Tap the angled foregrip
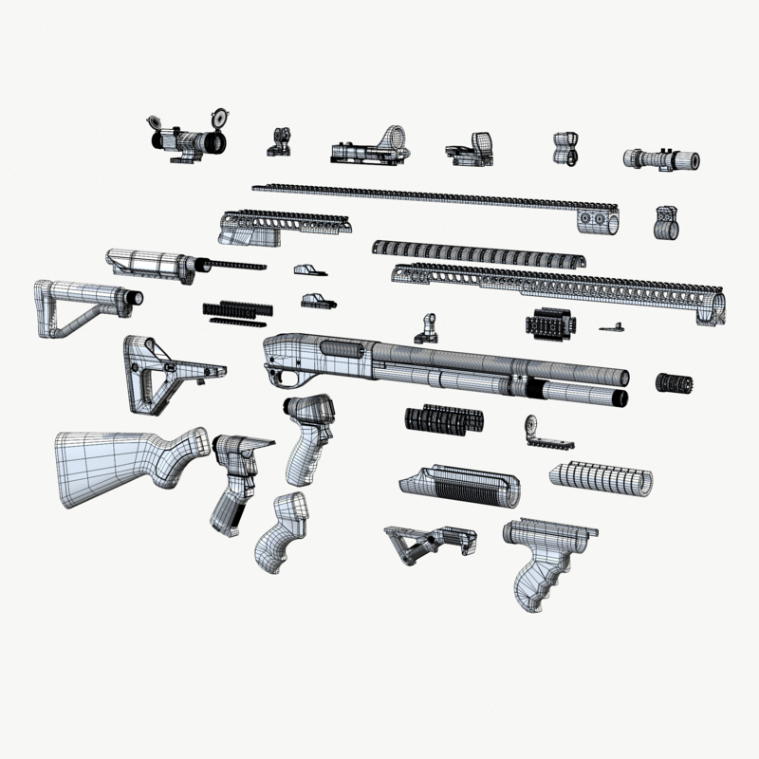[x=429, y=545]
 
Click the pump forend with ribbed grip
[x=460, y=484]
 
